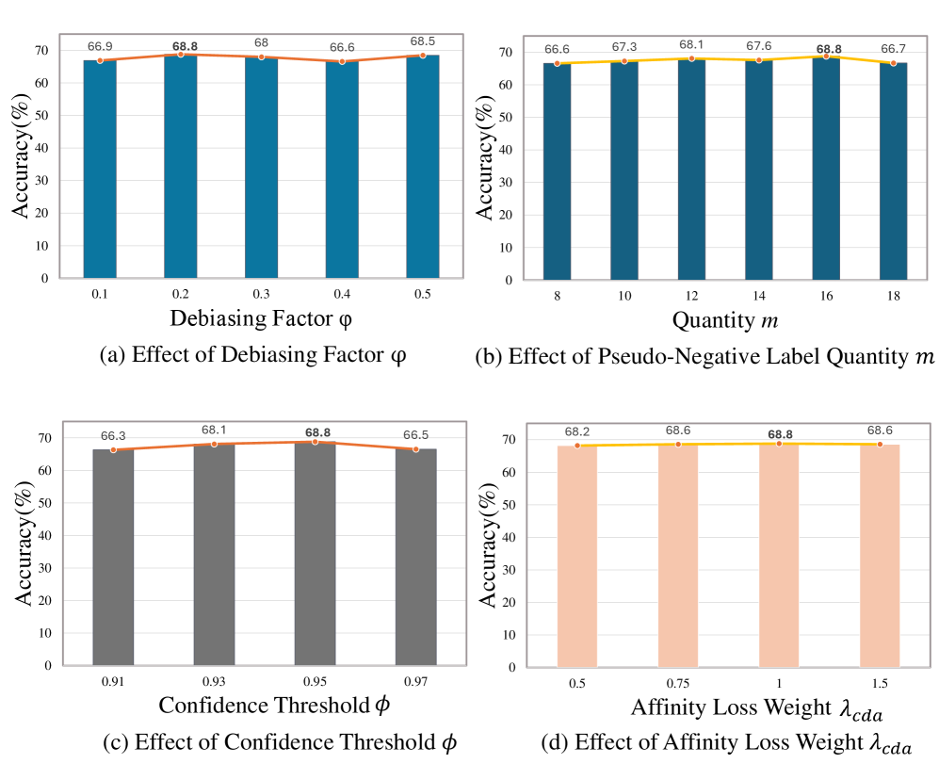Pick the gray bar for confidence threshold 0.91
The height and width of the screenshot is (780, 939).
click(113, 556)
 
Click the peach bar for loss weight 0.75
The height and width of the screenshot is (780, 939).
click(678, 556)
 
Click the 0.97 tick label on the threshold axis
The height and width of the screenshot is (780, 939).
click(415, 680)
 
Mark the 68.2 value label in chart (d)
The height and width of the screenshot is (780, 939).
click(577, 431)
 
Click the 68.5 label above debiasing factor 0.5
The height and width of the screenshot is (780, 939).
click(423, 42)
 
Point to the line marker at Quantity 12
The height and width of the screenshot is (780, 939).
click(691, 58)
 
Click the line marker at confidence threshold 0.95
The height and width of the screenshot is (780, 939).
click(315, 442)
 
